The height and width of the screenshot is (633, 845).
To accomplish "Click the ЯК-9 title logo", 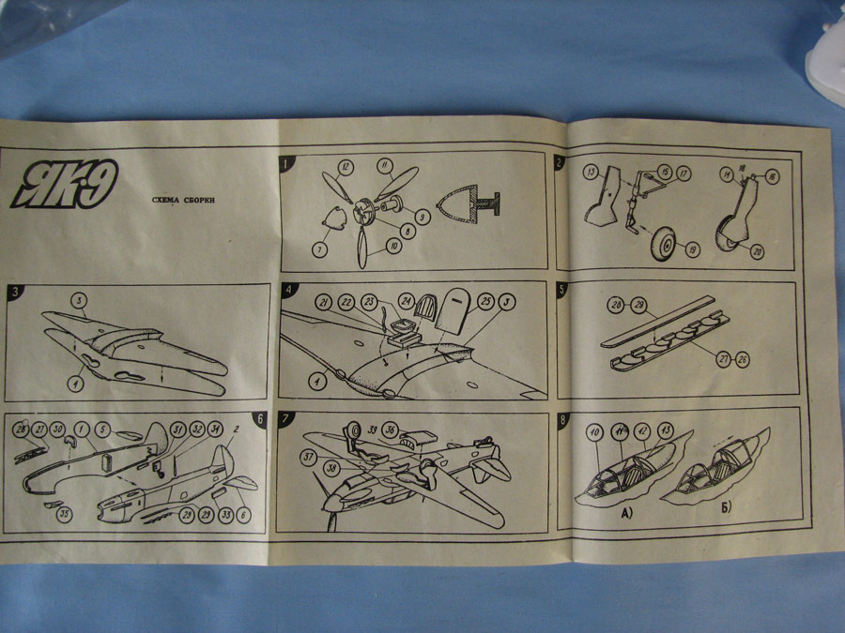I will (64, 184).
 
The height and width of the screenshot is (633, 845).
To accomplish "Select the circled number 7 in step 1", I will (320, 249).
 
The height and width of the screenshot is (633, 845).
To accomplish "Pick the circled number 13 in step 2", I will (591, 173).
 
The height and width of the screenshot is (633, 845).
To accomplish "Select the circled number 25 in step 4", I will (485, 301).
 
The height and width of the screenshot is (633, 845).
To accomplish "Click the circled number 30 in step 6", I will (58, 430).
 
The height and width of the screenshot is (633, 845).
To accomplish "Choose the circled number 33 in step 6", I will (225, 515).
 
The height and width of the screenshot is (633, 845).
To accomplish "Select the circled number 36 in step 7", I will (391, 430).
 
